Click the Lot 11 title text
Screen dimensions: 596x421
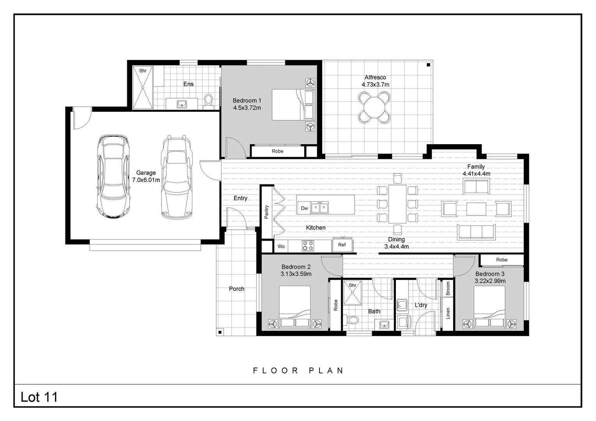click(39, 397)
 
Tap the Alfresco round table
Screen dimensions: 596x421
click(374, 108)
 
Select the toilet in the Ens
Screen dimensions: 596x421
click(209, 101)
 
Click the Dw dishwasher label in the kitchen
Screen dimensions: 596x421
click(304, 208)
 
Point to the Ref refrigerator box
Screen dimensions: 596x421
click(342, 245)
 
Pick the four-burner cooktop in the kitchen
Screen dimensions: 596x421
click(308, 246)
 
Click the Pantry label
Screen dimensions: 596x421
click(267, 212)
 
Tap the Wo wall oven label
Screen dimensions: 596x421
click(281, 246)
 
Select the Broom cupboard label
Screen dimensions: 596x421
click(448, 288)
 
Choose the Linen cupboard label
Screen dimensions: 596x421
click(448, 313)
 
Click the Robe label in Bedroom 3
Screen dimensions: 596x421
click(502, 260)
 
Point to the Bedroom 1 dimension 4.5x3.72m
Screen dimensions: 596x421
click(247, 108)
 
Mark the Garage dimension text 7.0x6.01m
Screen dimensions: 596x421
click(146, 180)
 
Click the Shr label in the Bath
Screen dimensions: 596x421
click(352, 285)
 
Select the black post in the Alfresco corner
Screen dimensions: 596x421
click(428, 65)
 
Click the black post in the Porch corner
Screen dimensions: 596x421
click(220, 332)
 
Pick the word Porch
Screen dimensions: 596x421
click(236, 289)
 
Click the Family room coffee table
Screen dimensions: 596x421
click(476, 209)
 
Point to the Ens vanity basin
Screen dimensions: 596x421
click(182, 104)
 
